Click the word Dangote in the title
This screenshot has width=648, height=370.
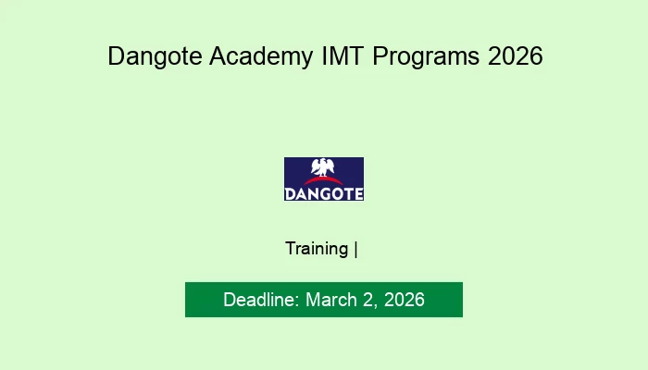coord(155,56)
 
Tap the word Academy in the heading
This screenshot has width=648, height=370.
coord(261,56)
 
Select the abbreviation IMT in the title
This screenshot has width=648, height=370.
coord(343,55)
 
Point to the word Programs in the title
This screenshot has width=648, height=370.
coord(426,56)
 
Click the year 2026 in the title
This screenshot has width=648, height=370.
coord(516,55)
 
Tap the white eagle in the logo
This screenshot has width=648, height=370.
coord(323,167)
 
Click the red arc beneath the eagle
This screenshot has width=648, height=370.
coord(323,181)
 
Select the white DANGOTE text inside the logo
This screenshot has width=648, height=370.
coord(324,194)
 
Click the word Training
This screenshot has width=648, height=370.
coord(317,249)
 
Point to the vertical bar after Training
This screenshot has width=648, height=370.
coord(355,250)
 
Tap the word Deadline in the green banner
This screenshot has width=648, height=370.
coord(258,300)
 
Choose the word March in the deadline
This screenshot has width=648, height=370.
coord(331,300)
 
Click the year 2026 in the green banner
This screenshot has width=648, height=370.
coord(405,300)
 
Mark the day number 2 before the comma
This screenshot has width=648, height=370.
coord(368,300)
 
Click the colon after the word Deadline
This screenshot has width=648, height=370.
coord(297,302)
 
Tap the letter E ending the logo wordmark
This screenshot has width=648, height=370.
coord(358,194)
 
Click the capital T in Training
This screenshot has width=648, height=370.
coord(291,248)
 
